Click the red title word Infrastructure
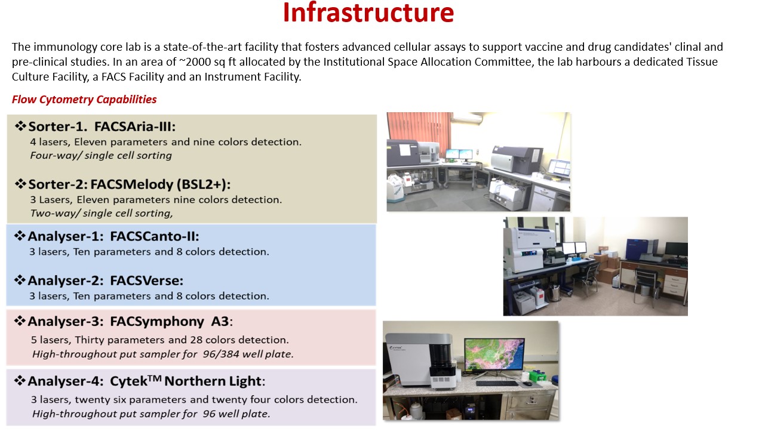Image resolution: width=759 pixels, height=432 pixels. tap(368, 13)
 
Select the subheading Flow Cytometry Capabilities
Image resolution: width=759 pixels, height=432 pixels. tap(84, 100)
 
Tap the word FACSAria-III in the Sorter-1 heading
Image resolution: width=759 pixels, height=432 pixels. tap(135, 126)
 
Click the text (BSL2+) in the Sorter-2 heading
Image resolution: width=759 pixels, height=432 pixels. tap(203, 184)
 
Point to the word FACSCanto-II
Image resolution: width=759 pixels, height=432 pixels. tap(155, 236)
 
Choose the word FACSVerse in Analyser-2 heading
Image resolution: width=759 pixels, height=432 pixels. tap(146, 280)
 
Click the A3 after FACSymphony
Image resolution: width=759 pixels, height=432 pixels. tap(220, 321)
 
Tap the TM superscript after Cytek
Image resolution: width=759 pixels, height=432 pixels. tap(155, 378)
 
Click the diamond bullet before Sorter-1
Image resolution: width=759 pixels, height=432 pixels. tap(20, 126)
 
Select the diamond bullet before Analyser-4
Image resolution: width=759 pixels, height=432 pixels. tap(20, 381)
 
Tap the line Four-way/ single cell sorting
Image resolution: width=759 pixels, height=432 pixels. tap(101, 155)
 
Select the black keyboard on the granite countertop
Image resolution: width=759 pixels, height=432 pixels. tap(497, 383)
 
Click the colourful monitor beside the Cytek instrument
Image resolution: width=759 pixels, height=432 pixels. tap(494, 354)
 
